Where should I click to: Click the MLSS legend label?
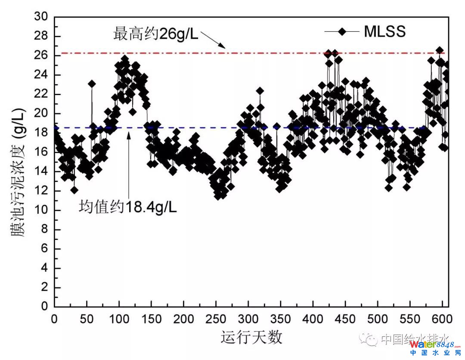pos(385,31)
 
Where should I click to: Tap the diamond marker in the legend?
pos(342,31)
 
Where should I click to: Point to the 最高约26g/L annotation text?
pos(156,34)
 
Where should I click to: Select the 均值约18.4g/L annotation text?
pos(128,208)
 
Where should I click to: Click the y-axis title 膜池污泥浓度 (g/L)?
pos(18,172)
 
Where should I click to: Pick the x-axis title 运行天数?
pos(252,337)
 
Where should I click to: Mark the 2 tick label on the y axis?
pos(44,287)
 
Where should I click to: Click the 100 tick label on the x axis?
pos(119,320)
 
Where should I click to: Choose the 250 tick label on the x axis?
pos(216,320)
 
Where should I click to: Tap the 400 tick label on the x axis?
pos(313,320)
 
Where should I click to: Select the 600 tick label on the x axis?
pos(442,320)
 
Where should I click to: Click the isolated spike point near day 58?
pos(92,83)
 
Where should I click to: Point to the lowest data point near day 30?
pos(74,190)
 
